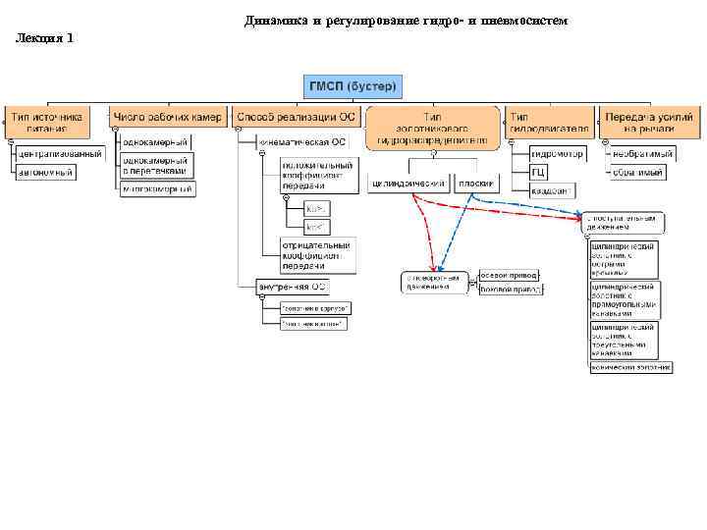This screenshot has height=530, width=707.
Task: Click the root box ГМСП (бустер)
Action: click(353, 86)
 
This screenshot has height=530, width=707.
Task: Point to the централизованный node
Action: click(58, 154)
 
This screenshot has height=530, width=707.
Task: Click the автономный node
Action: click(45, 172)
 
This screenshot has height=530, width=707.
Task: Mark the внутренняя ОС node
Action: click(292, 287)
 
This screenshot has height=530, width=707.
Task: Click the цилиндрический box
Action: click(409, 183)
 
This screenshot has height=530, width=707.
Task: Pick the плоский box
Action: click(476, 183)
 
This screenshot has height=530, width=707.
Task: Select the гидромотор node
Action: click(557, 154)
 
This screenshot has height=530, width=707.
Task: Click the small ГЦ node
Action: click(539, 172)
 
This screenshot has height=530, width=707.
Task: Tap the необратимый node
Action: click(641, 154)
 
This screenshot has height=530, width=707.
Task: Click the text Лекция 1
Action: click(44, 38)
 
